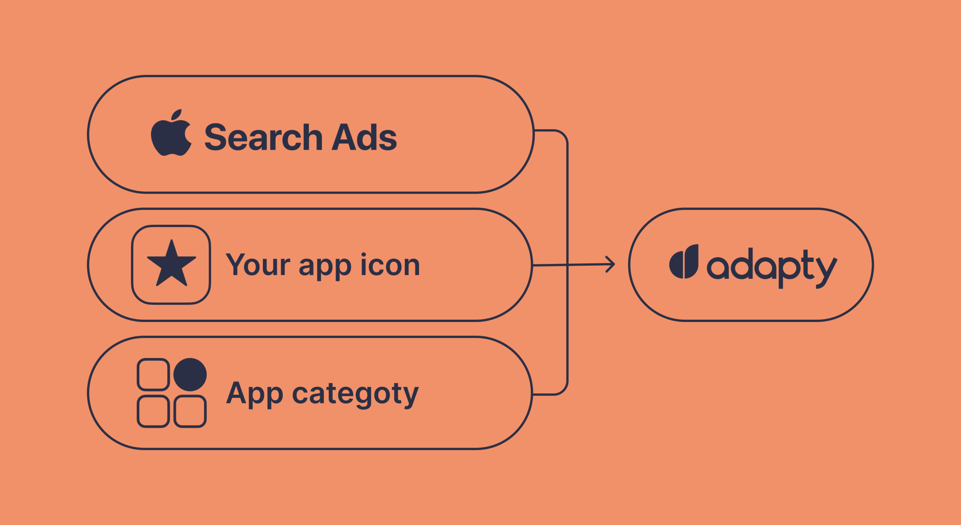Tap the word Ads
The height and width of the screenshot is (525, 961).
(x=364, y=137)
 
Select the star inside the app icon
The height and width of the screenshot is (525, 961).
(x=172, y=263)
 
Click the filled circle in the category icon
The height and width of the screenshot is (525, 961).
(x=190, y=375)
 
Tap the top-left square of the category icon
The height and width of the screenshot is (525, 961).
(x=153, y=375)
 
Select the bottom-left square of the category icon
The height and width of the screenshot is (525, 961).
(x=153, y=411)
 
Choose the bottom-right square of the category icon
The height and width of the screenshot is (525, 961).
(x=190, y=411)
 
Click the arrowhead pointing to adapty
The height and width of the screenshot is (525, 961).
(x=610, y=264)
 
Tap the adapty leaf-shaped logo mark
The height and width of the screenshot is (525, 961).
(x=684, y=262)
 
